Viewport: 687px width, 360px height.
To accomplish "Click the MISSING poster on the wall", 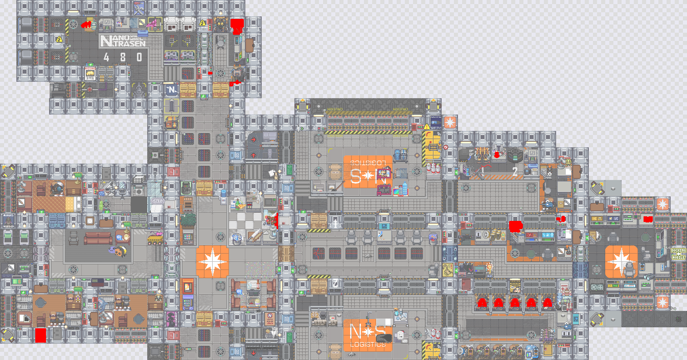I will point(90,74).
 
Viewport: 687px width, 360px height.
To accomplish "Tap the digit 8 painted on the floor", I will point(123,57).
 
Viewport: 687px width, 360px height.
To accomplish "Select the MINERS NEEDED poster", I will point(8,220).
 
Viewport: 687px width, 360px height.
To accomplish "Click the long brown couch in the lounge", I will point(98,238).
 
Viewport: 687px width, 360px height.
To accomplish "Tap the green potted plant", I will point(188,220).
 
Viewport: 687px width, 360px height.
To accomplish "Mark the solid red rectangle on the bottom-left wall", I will point(41,335).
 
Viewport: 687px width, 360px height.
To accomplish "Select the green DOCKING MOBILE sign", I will point(678,254).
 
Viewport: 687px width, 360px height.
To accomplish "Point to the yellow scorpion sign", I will point(448,269).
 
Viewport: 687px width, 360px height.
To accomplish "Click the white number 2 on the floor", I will point(515,171).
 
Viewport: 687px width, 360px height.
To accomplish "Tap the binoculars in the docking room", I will point(648,277).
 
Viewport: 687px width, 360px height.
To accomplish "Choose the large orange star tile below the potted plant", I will point(212,261).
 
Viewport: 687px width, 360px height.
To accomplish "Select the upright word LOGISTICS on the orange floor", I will point(368,344).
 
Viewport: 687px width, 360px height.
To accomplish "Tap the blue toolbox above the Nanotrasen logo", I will point(141,32).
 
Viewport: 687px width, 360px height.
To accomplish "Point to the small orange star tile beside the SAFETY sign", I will point(450,123).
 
